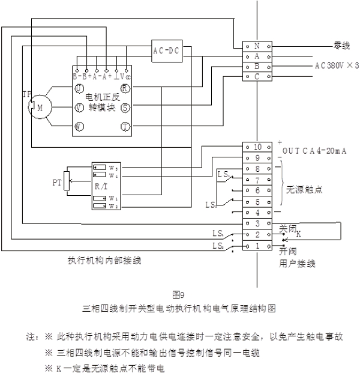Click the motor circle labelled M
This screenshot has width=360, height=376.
pos(41,107)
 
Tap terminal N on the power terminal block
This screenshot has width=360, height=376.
pos(257,46)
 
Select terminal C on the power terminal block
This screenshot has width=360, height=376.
pos(257,76)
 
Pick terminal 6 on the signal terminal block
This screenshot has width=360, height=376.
pos(257,190)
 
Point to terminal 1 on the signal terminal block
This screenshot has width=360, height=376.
pos(257,246)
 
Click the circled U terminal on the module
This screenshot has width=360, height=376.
pos(79,89)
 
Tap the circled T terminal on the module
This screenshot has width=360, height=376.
pos(125,127)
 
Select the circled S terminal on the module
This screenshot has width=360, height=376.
pos(125,108)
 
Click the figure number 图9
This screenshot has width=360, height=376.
pos(179,294)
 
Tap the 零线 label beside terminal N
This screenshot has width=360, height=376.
pos(343,46)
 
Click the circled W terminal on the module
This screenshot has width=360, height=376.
pos(79,127)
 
